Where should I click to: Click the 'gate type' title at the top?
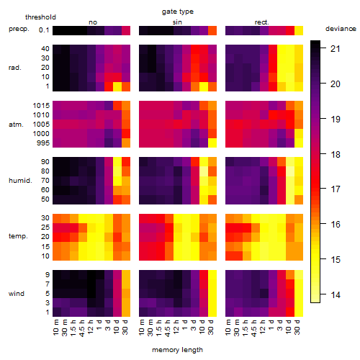[x=178, y=12]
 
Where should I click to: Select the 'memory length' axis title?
[x=177, y=350]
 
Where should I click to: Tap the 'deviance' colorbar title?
[x=341, y=29]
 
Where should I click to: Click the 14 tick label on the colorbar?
[x=336, y=294]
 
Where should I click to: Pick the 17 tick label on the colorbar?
[x=336, y=189]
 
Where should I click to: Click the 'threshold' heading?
[x=40, y=17]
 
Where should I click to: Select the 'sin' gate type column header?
[x=177, y=22]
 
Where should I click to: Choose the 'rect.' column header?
[x=261, y=22]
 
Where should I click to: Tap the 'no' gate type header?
[x=93, y=22]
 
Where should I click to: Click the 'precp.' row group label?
[x=19, y=29]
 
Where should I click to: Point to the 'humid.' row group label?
[x=20, y=181]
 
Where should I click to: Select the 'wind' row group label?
[x=17, y=294]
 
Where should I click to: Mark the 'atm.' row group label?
[x=16, y=125]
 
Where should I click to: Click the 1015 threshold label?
[x=41, y=106]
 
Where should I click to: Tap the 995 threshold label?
[x=43, y=143]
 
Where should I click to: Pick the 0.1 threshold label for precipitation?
[x=44, y=30]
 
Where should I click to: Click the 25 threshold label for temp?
[x=45, y=227]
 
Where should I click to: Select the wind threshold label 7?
[x=48, y=284]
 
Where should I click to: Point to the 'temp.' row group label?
[x=18, y=236]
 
